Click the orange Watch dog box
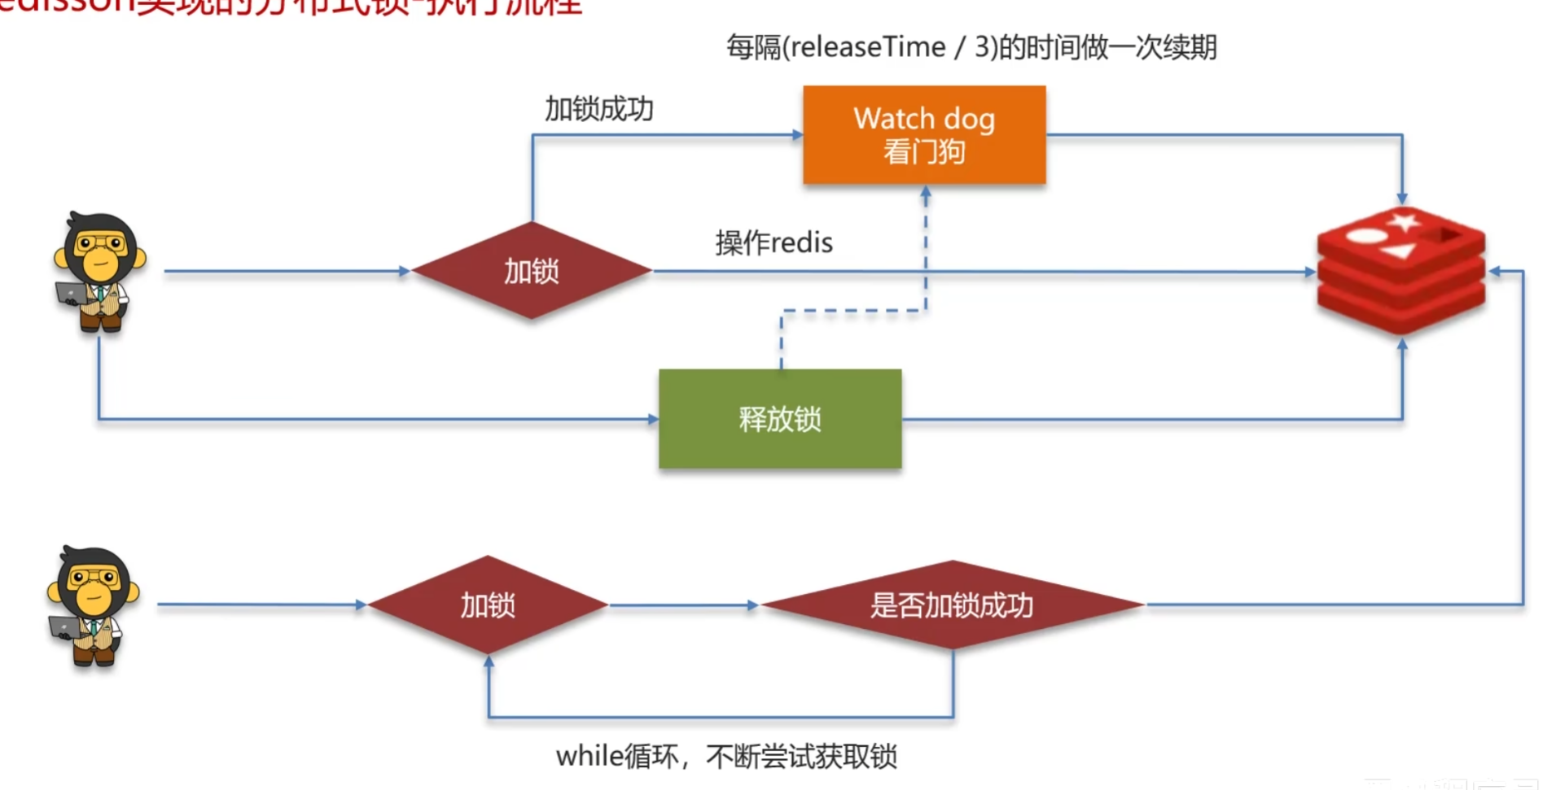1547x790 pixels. [924, 134]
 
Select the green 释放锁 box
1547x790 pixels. [780, 418]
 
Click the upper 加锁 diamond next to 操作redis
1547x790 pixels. [531, 270]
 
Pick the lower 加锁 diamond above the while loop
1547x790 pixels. [488, 605]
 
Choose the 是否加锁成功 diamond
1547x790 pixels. [952, 605]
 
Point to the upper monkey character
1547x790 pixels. [99, 271]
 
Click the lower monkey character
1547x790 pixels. [94, 605]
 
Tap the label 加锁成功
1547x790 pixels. [598, 109]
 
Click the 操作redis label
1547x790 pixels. [773, 242]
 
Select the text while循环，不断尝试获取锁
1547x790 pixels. [726, 757]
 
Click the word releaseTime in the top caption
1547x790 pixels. [867, 47]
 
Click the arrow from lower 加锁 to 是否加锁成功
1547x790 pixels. [684, 605]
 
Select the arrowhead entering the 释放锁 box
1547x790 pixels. [653, 419]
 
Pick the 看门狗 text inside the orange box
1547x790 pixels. [924, 152]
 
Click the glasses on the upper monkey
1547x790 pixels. [100, 242]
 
